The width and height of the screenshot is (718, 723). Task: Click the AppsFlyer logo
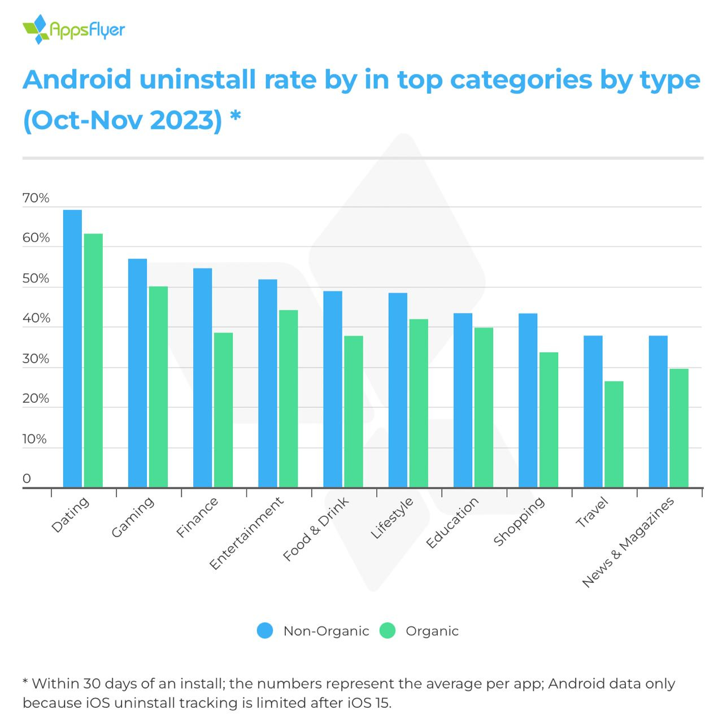click(73, 29)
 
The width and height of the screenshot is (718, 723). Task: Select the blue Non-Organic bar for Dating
click(72, 348)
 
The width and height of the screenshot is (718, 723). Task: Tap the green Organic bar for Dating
click(93, 360)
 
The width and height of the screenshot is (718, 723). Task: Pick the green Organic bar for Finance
click(223, 410)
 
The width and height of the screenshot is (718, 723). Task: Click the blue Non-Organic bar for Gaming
click(137, 373)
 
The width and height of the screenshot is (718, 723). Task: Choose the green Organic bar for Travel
click(613, 434)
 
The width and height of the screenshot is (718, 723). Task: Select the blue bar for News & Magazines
click(658, 411)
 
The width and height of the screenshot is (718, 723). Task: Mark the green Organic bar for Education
click(484, 407)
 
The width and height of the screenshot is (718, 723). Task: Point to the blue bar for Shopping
click(528, 400)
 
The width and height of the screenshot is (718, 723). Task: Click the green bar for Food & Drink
click(354, 411)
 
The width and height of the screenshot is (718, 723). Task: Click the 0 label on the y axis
click(27, 479)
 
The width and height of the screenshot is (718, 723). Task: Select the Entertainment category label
click(246, 533)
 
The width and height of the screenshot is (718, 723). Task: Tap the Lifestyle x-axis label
click(392, 518)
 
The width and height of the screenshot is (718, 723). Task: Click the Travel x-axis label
click(591, 512)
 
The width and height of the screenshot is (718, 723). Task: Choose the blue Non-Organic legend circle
click(264, 630)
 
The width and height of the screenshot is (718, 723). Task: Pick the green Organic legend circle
click(388, 630)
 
